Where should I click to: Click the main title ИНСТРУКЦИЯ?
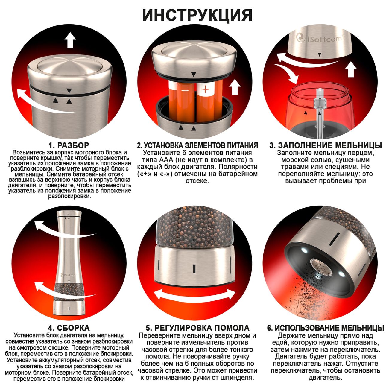pos(197,15)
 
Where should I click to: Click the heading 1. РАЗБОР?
pos(69,145)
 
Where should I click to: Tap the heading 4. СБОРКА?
pos(69,328)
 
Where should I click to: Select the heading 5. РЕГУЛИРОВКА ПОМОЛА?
pos(197,328)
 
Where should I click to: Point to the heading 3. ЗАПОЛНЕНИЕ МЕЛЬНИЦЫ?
pos(325,145)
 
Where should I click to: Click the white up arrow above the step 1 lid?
pos(70,41)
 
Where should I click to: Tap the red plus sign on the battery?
pos(205,89)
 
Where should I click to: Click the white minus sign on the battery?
pos(185,90)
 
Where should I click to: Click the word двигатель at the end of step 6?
pos(325,378)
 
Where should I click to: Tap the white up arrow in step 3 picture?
pos(351,69)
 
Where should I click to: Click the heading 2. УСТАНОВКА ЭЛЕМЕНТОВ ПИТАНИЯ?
pos(197,145)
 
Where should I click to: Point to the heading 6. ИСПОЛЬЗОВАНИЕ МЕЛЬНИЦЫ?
pos(325,328)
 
